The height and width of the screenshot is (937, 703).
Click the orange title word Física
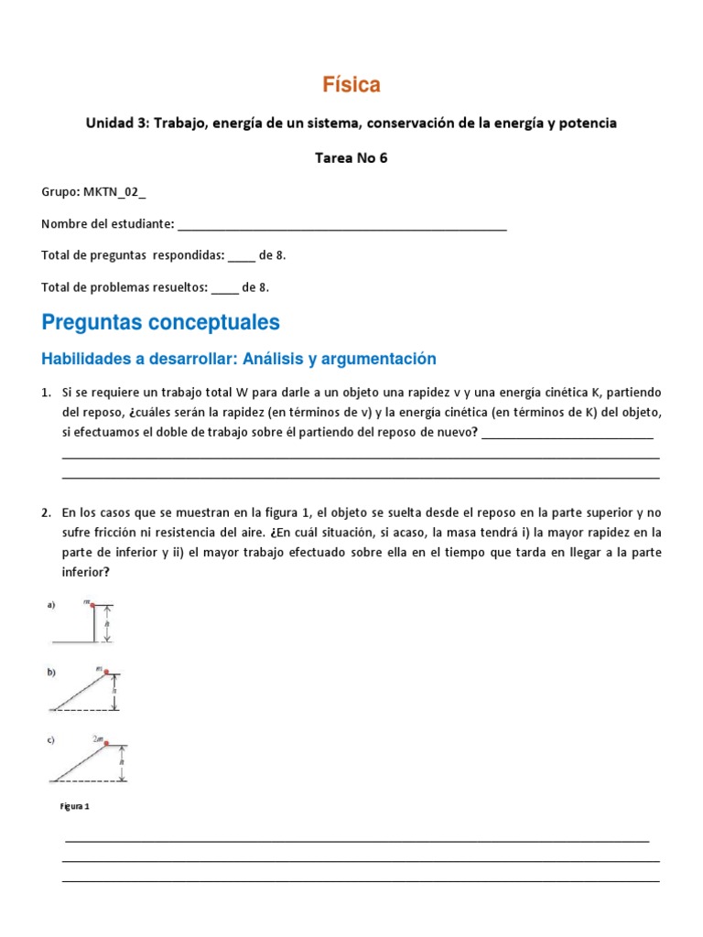pos(351,85)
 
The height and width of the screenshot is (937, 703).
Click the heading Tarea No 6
pos(351,157)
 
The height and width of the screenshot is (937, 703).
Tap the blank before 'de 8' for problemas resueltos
pos(224,287)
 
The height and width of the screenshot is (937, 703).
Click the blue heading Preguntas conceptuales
pos(161,322)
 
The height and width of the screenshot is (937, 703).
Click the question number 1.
pos(46,392)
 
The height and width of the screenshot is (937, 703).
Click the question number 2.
pos(46,512)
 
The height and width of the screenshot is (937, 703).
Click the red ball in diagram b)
pos(107,673)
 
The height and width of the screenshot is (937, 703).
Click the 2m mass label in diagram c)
pos(97,737)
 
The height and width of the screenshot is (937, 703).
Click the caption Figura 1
pos(75,807)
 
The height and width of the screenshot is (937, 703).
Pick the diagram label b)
pos(51,673)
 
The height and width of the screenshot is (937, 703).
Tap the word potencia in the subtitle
pos(586,123)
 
